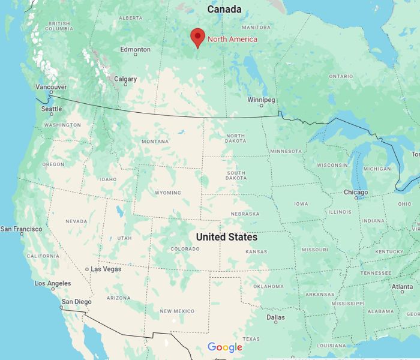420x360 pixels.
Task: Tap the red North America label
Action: point(232,40)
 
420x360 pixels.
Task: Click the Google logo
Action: point(225,347)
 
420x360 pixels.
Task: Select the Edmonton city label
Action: point(135,49)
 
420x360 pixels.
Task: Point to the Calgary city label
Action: point(125,79)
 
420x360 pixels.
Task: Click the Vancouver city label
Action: point(51,87)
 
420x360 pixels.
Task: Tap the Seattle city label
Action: point(52,109)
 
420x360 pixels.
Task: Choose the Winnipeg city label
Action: point(261,100)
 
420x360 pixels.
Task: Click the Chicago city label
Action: point(356,192)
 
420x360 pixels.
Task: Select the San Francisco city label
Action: point(22,229)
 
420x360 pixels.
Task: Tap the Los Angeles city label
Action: point(53,283)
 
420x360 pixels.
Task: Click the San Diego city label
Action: point(75,301)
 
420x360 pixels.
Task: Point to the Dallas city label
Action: point(276,317)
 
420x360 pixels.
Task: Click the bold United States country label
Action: point(227,238)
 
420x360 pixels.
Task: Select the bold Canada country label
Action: point(224,10)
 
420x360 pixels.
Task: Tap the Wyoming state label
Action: point(167,193)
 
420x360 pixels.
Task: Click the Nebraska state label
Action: point(245,214)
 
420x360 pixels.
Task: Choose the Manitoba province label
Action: point(256,28)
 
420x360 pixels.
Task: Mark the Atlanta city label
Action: point(402,287)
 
